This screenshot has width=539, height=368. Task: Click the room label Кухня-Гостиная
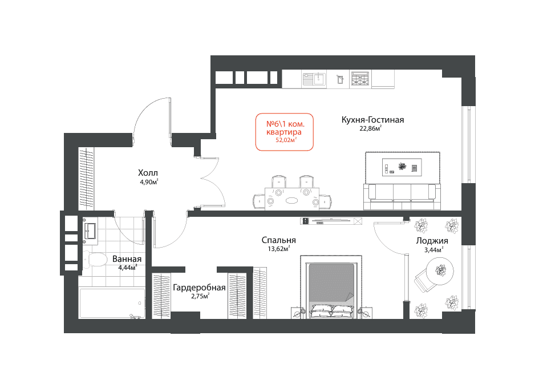click(x=372, y=120)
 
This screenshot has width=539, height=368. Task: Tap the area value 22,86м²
click(x=371, y=128)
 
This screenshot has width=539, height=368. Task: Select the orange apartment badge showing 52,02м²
click(x=284, y=132)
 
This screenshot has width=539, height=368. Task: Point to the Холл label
click(x=148, y=173)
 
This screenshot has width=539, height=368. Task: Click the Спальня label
click(x=279, y=240)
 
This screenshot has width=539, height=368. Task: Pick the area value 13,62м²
click(x=279, y=249)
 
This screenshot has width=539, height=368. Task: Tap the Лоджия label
click(x=432, y=241)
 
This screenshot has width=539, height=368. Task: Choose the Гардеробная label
click(x=200, y=288)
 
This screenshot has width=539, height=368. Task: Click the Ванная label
click(x=127, y=259)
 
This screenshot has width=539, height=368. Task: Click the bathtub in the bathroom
click(x=112, y=304)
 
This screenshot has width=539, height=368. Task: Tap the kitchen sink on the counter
click(x=314, y=79)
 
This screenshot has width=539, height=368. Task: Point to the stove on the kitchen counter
click(x=360, y=79)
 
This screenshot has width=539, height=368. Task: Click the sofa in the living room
click(x=402, y=196)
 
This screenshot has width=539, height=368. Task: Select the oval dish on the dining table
click(x=293, y=200)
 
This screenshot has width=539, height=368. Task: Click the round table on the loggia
click(x=440, y=272)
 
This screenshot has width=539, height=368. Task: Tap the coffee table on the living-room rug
click(x=402, y=167)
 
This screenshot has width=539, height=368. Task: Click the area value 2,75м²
click(x=200, y=296)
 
